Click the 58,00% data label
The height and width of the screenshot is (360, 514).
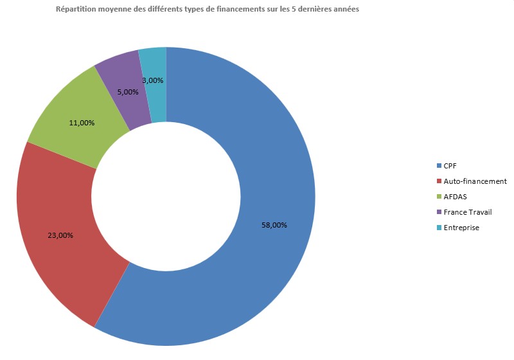click(274, 225)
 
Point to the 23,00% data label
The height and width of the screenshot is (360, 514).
click(60, 235)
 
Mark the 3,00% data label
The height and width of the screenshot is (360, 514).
click(152, 80)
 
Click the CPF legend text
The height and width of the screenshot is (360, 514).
click(450, 166)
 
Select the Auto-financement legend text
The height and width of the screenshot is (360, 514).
click(475, 181)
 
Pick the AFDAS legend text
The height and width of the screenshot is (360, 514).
click(455, 197)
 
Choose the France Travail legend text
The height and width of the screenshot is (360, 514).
click(468, 212)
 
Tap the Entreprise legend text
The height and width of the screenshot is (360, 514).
click(461, 228)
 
